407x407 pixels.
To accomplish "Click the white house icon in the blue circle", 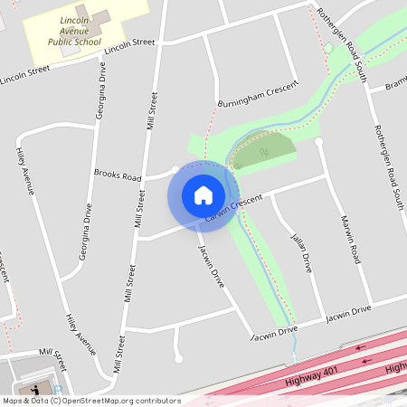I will point(203,194).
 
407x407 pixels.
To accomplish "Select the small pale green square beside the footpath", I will point(329,47).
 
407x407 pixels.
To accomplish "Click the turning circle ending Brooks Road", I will point(175,169).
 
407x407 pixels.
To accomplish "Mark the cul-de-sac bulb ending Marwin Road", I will point(318,141).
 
